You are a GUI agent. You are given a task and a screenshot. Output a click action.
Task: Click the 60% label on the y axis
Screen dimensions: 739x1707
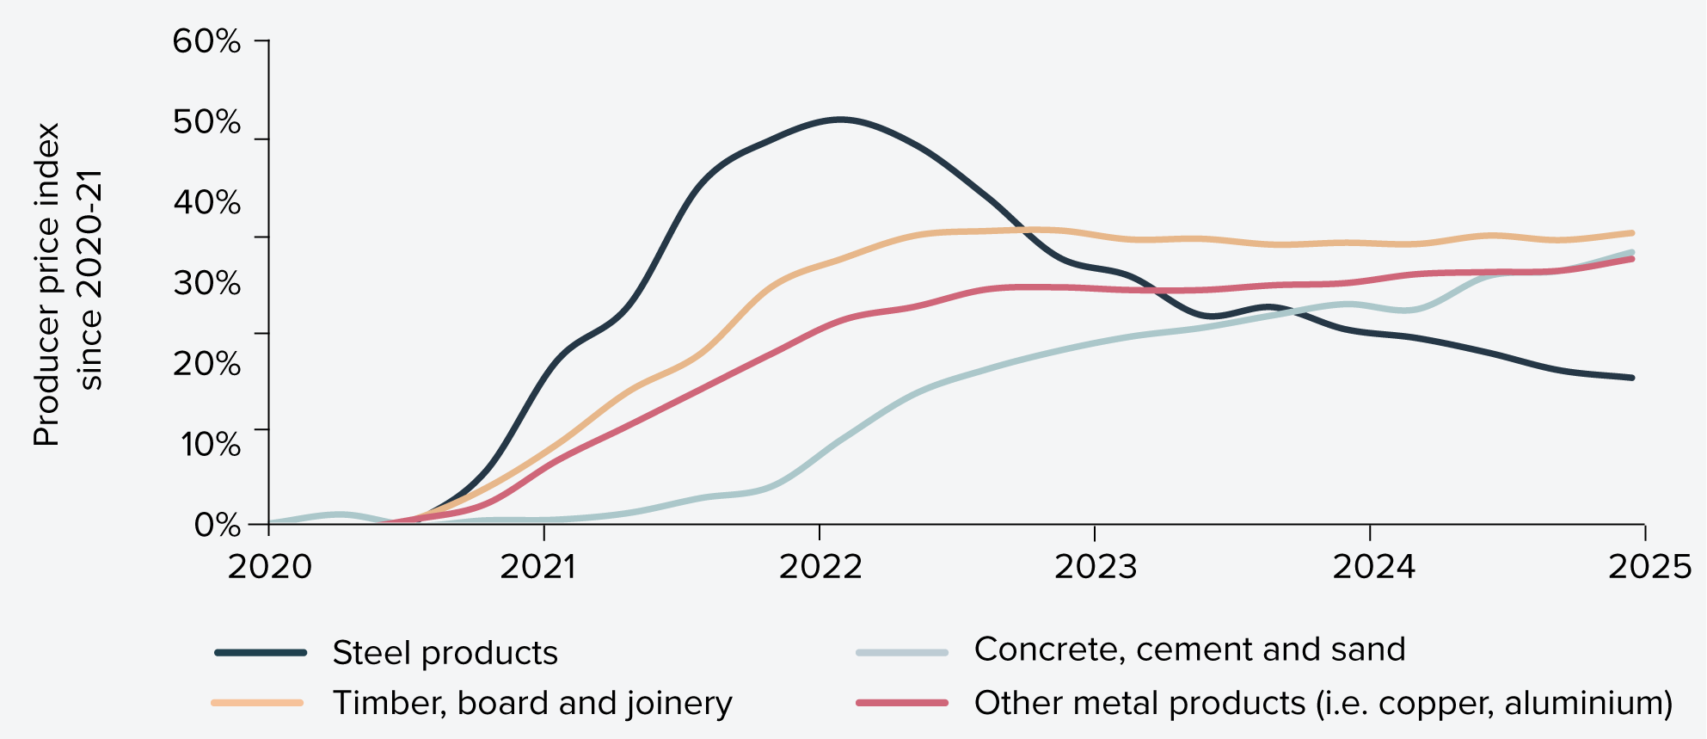(206, 41)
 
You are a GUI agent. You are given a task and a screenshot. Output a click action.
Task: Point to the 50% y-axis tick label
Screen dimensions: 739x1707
(206, 122)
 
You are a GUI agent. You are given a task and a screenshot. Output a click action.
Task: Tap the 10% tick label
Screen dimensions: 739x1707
(210, 444)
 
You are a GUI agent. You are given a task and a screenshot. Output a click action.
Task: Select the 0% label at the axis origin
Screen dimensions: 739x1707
(217, 524)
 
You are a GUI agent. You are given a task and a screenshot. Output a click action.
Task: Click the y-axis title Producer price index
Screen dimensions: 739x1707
(46, 284)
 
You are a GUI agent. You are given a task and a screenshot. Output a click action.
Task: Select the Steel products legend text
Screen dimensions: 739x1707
(445, 653)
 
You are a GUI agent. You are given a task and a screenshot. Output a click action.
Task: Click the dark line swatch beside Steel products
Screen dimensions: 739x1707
(261, 653)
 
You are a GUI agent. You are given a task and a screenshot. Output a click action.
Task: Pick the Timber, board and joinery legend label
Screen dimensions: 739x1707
(532, 703)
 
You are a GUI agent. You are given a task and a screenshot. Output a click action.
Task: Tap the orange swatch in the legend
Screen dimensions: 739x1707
(257, 703)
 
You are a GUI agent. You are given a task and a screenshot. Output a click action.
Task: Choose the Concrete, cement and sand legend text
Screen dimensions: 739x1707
(1189, 650)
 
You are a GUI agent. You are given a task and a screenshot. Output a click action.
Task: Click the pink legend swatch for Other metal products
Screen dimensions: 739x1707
(902, 703)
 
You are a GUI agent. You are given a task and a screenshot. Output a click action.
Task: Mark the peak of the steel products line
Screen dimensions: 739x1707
(840, 120)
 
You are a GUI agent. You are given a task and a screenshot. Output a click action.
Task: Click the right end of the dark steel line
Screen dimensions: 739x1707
(1631, 378)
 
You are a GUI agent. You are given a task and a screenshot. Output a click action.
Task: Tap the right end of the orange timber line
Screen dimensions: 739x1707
(1631, 232)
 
